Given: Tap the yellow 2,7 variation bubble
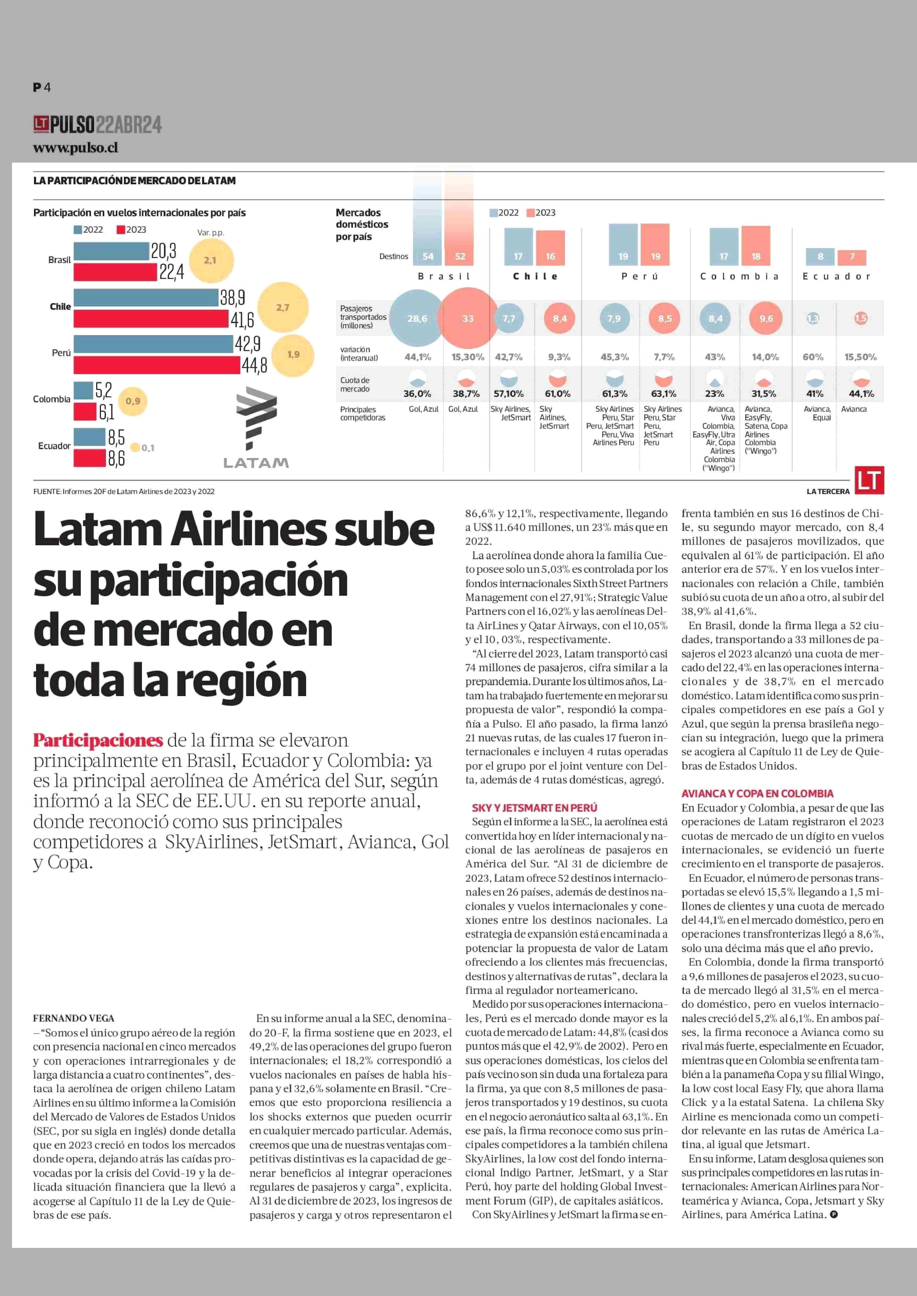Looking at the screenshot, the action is tap(283, 307).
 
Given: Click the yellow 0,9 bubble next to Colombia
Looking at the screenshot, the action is tap(133, 401).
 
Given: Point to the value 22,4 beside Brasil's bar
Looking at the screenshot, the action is tap(171, 272).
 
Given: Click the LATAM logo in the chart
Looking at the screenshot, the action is tap(256, 428).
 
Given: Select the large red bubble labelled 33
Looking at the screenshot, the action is tap(468, 318).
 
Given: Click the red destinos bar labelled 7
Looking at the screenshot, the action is tap(852, 257).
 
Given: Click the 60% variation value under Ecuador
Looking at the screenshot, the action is tap(813, 357).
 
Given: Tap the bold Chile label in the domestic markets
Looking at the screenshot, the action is tap(535, 276).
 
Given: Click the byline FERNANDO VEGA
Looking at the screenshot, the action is tap(73, 1018).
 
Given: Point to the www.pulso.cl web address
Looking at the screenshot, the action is tap(76, 148).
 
